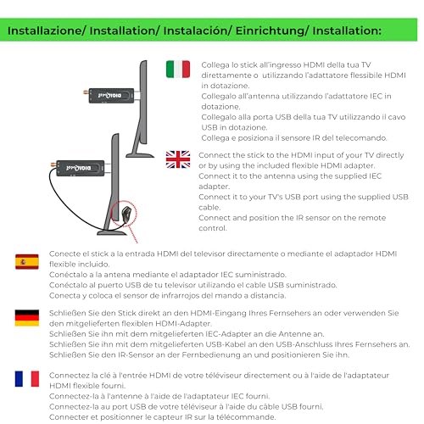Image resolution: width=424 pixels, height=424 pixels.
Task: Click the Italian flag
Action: tap(178, 69)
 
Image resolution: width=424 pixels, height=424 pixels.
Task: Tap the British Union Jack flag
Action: tap(178, 159)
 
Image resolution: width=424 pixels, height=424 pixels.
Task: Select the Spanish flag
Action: tap(26, 262)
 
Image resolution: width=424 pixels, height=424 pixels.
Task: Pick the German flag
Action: tap(26, 317)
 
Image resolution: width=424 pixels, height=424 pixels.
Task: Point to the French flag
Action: tap(26, 377)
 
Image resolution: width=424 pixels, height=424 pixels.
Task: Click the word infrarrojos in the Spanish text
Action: tap(190, 295)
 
